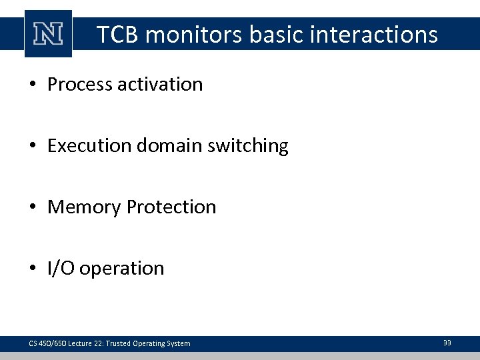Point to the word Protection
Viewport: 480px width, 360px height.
pyautogui.click(x=172, y=207)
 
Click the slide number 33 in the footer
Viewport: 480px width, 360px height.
pyautogui.click(x=447, y=343)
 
